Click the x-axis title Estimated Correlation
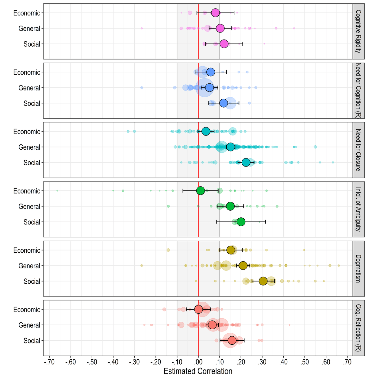(198, 371)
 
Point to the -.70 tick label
(49, 362)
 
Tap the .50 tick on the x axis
(305, 362)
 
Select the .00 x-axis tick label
(198, 362)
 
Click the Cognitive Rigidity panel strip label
(358, 31)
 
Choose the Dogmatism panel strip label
(358, 269)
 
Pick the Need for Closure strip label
(358, 150)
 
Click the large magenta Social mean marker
(224, 44)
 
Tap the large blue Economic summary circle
(210, 72)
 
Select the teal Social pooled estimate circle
(246, 163)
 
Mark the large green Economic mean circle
(200, 191)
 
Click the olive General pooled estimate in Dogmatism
(243, 266)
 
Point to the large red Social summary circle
(232, 340)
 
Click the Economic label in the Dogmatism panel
(27, 250)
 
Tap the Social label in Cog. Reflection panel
(32, 341)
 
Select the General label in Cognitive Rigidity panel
(29, 29)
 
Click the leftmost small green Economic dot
(57, 191)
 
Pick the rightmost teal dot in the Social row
(333, 162)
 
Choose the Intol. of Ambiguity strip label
(358, 209)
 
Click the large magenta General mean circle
(220, 28)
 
